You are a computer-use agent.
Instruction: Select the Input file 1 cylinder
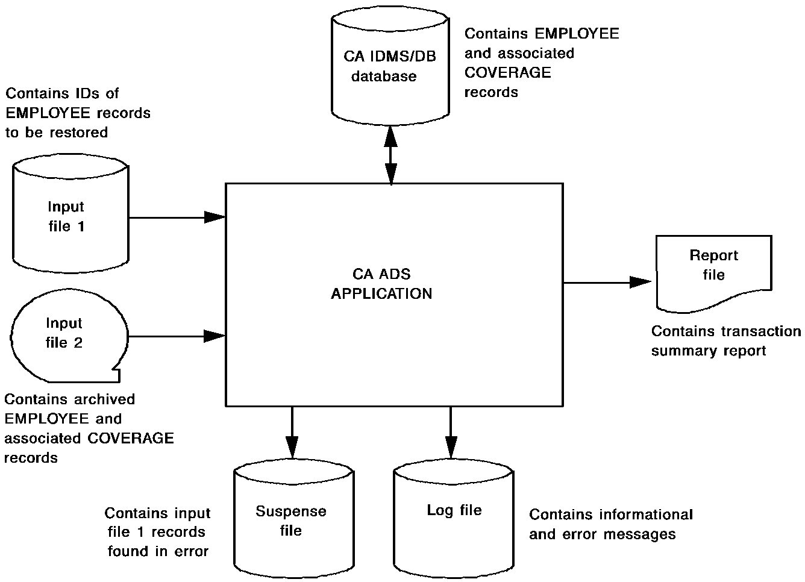point(70,217)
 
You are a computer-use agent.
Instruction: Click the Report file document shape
point(713,271)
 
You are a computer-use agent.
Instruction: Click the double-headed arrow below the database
point(391,156)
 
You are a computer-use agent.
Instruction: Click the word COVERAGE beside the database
point(508,73)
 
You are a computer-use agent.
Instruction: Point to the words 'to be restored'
point(57,133)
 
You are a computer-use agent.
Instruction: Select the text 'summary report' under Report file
point(709,351)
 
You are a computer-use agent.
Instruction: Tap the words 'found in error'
point(158,552)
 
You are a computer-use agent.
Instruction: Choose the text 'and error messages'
point(603,534)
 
